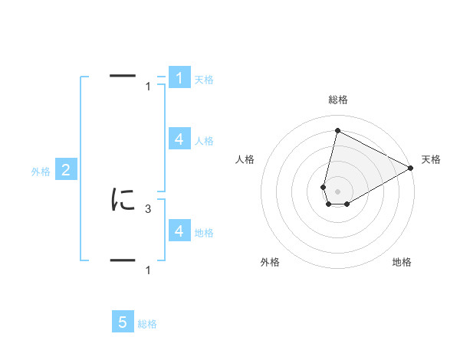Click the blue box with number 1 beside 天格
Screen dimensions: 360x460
coord(179,78)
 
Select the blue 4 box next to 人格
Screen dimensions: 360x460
coord(179,139)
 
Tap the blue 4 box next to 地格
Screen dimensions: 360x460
coord(179,231)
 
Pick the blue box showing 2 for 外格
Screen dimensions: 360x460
coord(66,170)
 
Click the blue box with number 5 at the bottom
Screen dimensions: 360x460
coord(123,322)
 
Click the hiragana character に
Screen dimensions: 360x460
coord(123,200)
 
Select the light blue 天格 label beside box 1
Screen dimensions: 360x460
coord(204,79)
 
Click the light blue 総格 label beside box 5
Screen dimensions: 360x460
coord(147,324)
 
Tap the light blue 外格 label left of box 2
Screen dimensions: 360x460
coord(41,172)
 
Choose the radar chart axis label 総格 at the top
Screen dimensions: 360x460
coord(338,100)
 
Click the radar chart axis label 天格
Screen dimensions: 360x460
coord(432,159)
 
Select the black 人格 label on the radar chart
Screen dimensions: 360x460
coord(245,159)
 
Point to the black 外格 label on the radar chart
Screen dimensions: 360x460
coord(270,262)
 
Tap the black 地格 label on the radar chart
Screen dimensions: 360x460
coord(402,262)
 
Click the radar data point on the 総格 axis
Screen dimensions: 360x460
coord(337,130)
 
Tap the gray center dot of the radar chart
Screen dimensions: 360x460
coord(337,191)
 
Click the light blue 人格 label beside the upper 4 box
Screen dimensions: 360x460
coord(204,141)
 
